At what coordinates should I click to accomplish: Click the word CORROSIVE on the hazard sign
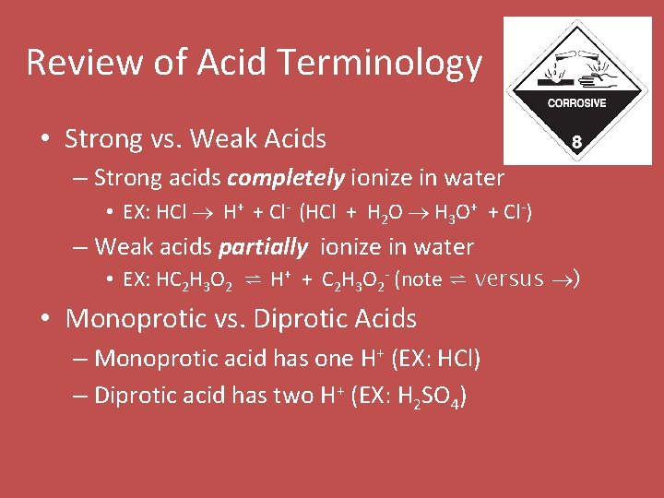pos(576,103)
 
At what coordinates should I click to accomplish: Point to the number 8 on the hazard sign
pos(576,143)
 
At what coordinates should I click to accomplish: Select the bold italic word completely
pos(273,177)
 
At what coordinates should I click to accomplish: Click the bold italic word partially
pos(263,247)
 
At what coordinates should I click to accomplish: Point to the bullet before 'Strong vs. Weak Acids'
pos(44,140)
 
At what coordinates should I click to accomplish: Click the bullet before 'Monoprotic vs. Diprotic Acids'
pos(44,320)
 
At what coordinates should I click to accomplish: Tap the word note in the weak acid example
pos(421,280)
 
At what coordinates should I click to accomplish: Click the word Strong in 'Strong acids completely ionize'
pos(126,177)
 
